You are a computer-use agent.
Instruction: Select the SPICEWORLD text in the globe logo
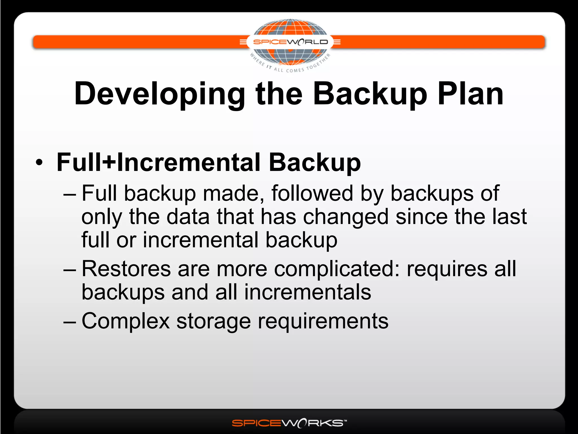[x=290, y=42]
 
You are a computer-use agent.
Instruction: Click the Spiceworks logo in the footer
[x=289, y=423]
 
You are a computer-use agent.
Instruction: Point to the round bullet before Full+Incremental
[x=40, y=162]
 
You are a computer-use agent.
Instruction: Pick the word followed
[x=312, y=193]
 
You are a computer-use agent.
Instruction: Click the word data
[x=188, y=217]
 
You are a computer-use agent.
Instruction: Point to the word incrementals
[x=308, y=292]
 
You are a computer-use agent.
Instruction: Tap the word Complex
[x=126, y=321]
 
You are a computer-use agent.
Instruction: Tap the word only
[x=102, y=217]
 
